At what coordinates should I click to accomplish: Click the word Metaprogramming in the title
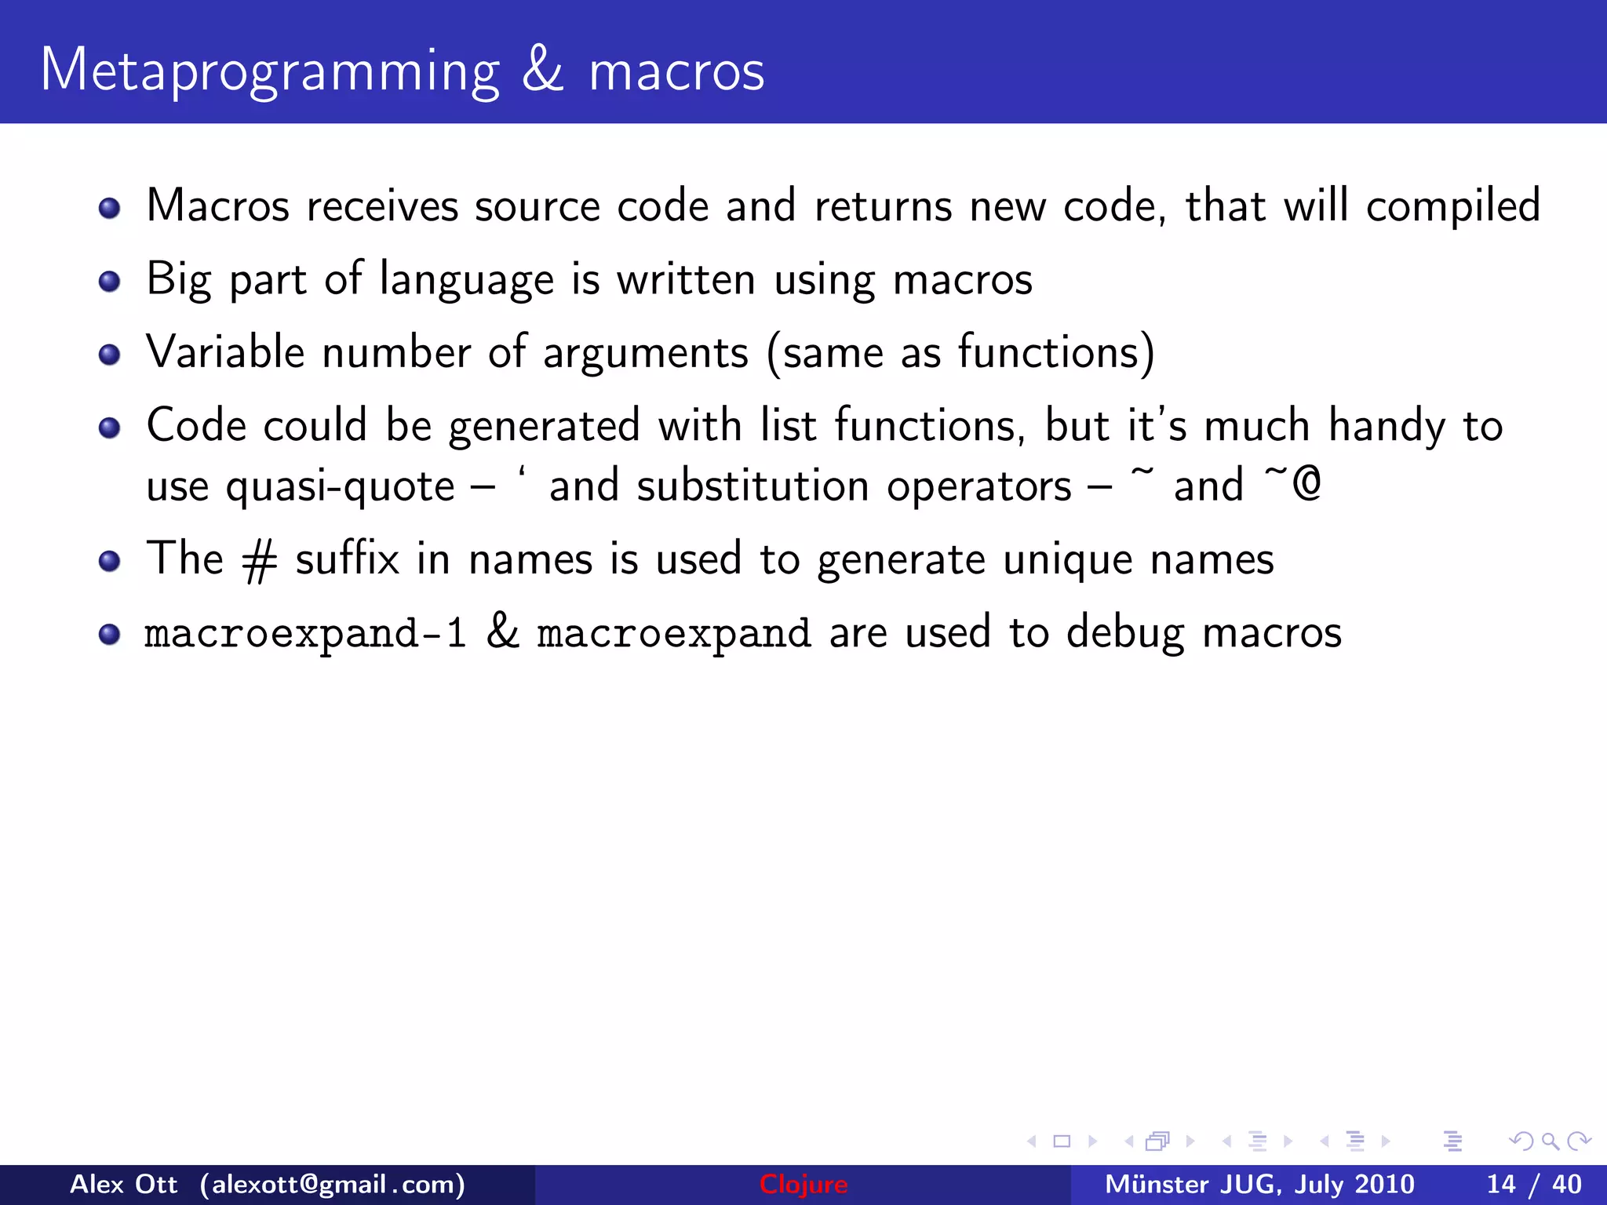point(269,72)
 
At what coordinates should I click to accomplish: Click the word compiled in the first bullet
point(1453,207)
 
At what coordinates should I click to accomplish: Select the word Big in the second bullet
point(179,280)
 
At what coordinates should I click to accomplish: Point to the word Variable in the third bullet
point(225,352)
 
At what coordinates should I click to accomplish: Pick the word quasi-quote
point(340,487)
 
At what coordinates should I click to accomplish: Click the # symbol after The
point(260,562)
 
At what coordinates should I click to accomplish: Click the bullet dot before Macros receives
point(110,209)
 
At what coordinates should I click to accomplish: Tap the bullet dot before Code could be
point(110,428)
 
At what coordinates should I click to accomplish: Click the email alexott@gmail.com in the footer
point(333,1185)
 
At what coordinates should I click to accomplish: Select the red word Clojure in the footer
point(803,1185)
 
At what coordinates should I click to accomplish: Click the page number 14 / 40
point(1533,1185)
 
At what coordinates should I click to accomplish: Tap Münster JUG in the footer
point(1193,1185)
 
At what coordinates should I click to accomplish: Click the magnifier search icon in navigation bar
point(1549,1141)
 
